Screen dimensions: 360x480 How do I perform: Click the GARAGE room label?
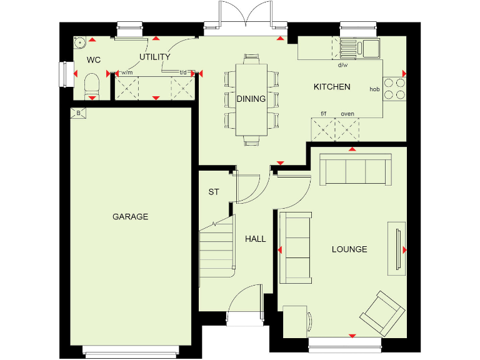[x=130, y=217]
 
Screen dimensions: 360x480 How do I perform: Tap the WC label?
[x=94, y=61]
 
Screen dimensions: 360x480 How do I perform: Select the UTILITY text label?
[x=154, y=57]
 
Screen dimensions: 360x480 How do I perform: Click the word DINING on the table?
[x=251, y=99]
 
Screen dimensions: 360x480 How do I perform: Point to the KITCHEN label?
[x=332, y=87]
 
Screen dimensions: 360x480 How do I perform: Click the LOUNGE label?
[x=349, y=249]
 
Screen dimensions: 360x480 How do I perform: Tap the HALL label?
[x=255, y=239]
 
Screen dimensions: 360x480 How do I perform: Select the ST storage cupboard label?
[x=214, y=192]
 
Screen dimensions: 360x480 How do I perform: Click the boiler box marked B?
[x=78, y=112]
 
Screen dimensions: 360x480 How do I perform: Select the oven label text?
[x=347, y=114]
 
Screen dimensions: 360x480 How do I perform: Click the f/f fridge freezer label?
[x=324, y=114]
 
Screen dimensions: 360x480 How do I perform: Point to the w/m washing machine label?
[x=127, y=72]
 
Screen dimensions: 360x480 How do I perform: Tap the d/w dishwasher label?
[x=342, y=65]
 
